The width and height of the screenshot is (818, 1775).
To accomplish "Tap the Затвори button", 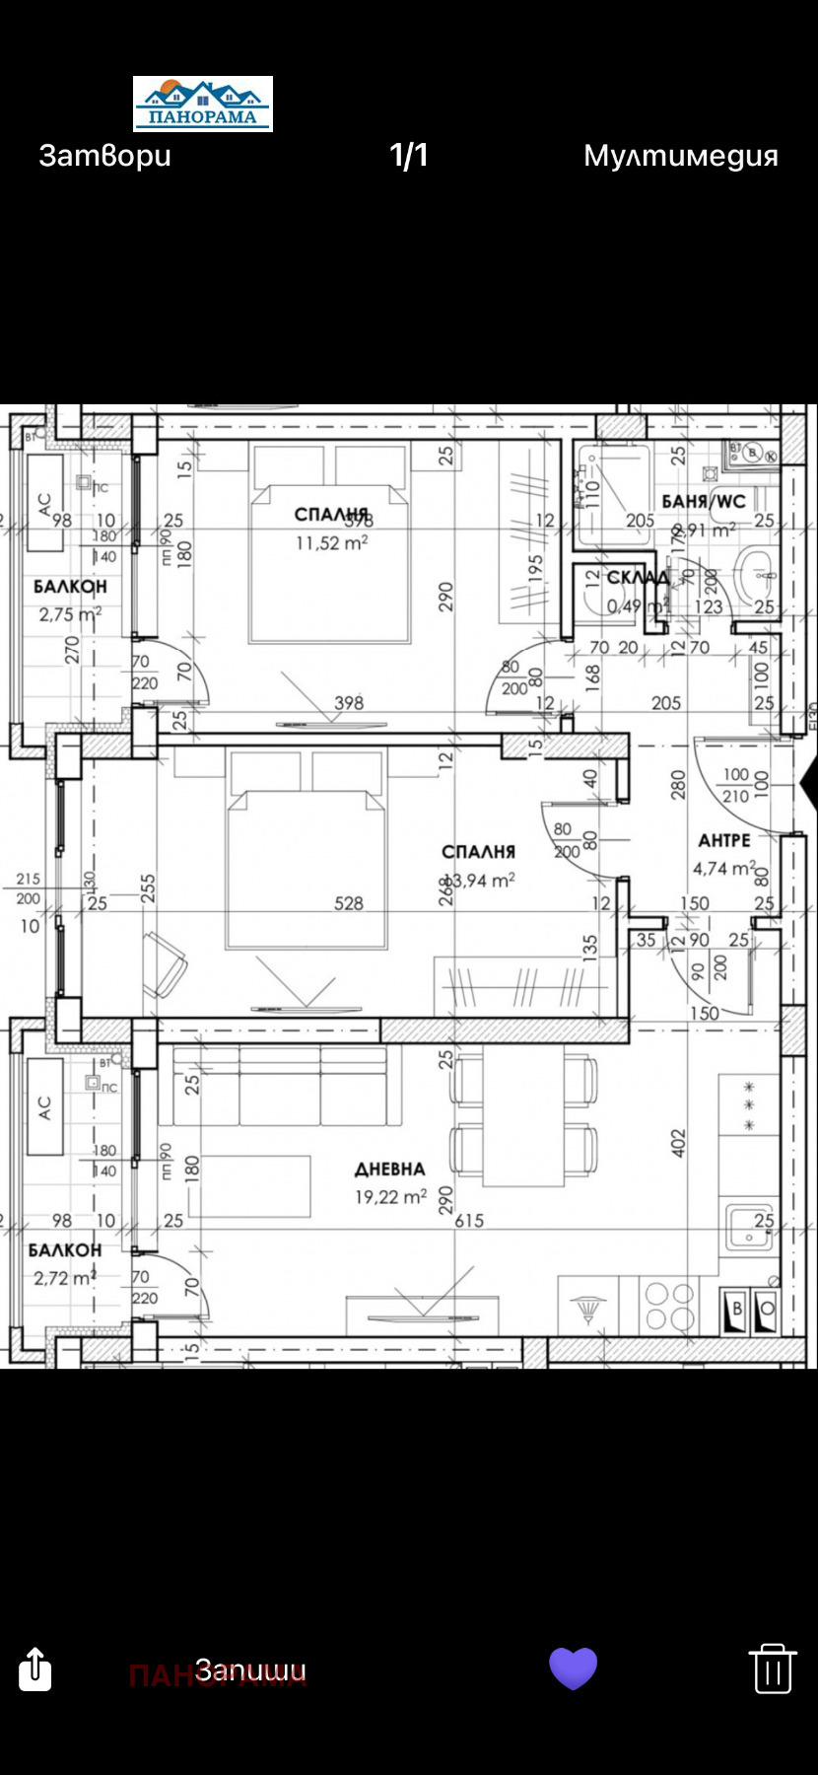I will click(x=104, y=156).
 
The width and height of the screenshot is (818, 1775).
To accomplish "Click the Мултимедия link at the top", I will click(x=680, y=156).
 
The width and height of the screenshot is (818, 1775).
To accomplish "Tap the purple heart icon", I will click(x=573, y=1668).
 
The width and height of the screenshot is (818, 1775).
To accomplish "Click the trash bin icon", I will click(x=772, y=1668).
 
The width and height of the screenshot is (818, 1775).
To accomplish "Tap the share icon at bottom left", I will click(x=35, y=1668).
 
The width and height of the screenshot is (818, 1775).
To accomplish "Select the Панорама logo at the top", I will click(x=203, y=105).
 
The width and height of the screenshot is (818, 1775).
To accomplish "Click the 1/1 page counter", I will click(x=409, y=156).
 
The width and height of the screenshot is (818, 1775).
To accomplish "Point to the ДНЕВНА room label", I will click(x=390, y=1170).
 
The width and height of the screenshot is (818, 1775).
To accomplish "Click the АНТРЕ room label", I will click(x=724, y=841).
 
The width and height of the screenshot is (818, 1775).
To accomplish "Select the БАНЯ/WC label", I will click(x=704, y=502).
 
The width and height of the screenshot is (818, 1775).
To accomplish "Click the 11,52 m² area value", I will click(x=332, y=542).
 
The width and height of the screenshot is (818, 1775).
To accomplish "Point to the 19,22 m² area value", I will click(x=390, y=1197).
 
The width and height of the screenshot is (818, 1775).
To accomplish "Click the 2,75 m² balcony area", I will click(x=69, y=614).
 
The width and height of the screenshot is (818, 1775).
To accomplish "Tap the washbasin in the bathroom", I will click(x=756, y=569).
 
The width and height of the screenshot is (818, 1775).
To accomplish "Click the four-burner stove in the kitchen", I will click(x=669, y=1306).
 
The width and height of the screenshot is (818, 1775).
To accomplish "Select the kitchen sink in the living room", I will click(x=750, y=1226).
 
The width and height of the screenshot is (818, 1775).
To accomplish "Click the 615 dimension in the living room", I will click(x=469, y=1221).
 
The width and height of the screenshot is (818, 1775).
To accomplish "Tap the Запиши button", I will click(x=250, y=1669).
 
